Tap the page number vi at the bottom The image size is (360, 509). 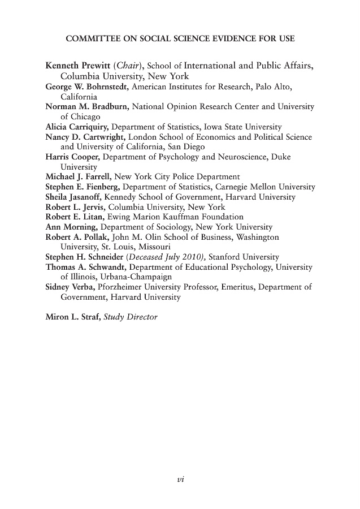[x=180, y=480]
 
